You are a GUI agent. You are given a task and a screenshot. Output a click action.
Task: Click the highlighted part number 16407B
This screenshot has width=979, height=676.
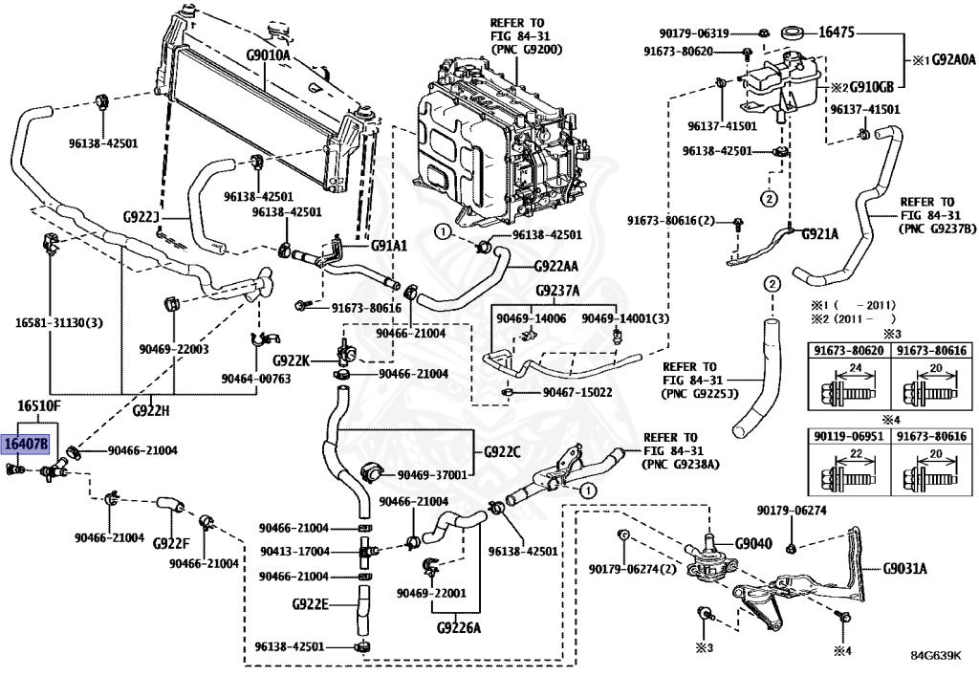(x=25, y=444)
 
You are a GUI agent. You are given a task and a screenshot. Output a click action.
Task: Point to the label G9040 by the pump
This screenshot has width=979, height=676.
(x=751, y=544)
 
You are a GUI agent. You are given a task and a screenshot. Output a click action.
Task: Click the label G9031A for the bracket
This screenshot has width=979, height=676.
(x=904, y=568)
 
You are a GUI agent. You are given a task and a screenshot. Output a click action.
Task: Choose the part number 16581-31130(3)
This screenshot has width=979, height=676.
(x=60, y=323)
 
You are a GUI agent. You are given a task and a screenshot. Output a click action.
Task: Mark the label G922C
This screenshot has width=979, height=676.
(x=503, y=451)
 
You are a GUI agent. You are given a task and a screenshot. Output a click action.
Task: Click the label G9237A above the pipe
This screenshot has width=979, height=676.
(x=557, y=291)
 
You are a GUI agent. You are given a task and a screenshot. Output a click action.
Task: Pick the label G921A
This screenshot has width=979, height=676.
(x=819, y=232)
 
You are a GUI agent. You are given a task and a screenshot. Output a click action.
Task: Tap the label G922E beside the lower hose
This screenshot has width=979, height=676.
(x=310, y=603)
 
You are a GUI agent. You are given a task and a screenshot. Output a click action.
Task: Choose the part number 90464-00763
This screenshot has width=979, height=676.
(x=255, y=378)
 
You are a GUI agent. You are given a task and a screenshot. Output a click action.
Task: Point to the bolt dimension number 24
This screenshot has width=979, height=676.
(x=855, y=369)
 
